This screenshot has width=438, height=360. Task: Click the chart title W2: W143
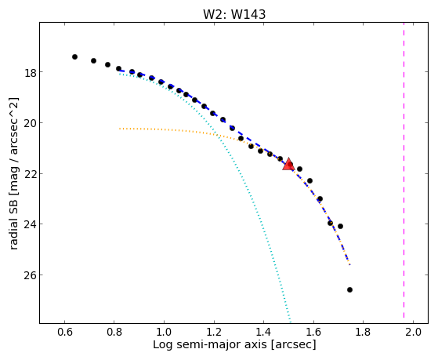(x=234, y=14)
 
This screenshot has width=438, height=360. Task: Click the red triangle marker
(x=288, y=165)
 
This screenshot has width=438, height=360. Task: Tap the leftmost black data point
(x=74, y=56)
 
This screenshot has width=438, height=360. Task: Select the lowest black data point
(x=349, y=289)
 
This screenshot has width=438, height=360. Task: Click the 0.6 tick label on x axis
(x=64, y=332)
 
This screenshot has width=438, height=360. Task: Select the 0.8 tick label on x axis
(x=114, y=332)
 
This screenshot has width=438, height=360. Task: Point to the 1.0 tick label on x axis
(x=164, y=332)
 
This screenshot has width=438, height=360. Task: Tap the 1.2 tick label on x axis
(x=214, y=332)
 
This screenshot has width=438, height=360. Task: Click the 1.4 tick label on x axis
(x=263, y=332)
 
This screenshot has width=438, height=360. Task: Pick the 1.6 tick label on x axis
(x=313, y=332)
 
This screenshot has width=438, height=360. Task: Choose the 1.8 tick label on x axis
(x=363, y=332)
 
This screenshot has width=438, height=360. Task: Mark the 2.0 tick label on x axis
(x=413, y=332)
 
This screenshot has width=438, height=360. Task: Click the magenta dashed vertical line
(x=404, y=173)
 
